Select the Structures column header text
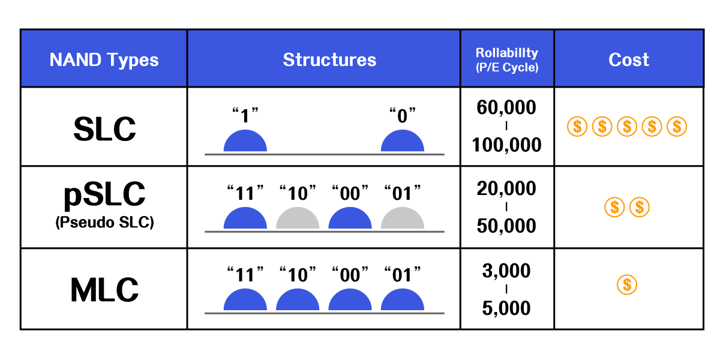coord(329,60)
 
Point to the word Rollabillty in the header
coord(507,53)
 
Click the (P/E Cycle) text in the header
coord(507,67)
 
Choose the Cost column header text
coord(628,60)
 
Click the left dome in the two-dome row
coord(245,142)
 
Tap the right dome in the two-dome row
coord(402,142)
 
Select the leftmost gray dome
coord(298,219)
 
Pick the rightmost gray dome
coord(402,219)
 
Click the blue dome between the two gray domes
coord(350,219)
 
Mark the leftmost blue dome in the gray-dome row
coord(245,219)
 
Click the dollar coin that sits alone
coord(627,284)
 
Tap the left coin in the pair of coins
coord(614,208)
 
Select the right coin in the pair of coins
coord(640,208)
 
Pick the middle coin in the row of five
coord(627,127)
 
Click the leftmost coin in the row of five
coord(577,127)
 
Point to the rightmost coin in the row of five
coord(677,127)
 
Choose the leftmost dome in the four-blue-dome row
coord(245,301)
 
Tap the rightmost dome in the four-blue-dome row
coord(402,301)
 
